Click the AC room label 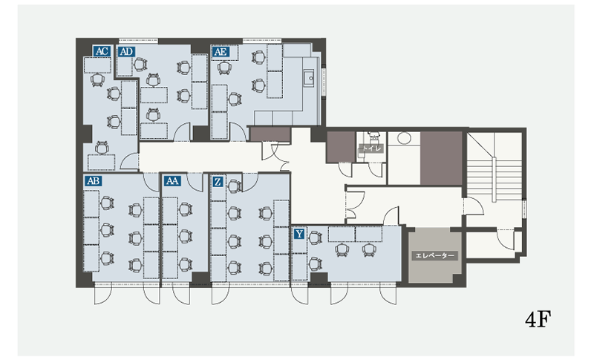click(102, 50)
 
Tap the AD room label click(126, 51)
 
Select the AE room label click(221, 51)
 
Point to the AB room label click(94, 180)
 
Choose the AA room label click(172, 181)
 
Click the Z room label click(218, 182)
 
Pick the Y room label click(299, 234)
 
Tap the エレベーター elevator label click(434, 255)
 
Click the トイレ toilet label click(371, 148)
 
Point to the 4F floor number click(538, 320)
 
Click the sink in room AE click(310, 79)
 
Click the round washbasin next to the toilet click(404, 137)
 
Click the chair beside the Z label click(235, 186)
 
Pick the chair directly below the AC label click(98, 80)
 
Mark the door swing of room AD click(182, 131)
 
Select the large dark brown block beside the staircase click(441, 158)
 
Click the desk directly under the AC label click(97, 65)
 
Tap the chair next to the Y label click(314, 238)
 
